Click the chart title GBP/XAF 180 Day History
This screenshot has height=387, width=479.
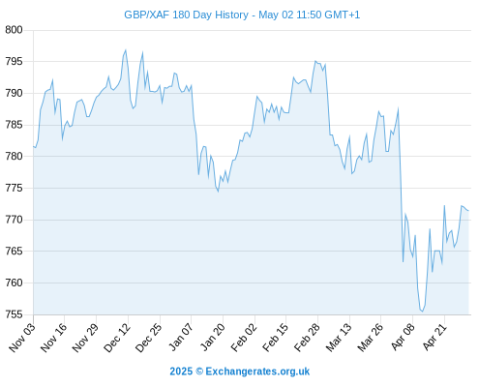click(186, 15)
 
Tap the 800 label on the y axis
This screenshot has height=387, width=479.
click(14, 30)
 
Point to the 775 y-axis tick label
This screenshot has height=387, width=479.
click(14, 188)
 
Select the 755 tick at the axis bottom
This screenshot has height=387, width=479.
click(14, 314)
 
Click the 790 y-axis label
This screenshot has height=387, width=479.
click(14, 93)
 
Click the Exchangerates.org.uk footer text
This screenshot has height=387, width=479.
click(257, 372)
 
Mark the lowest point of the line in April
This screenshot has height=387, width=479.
click(422, 312)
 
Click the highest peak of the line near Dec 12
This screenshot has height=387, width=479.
click(126, 50)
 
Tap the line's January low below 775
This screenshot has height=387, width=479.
click(218, 192)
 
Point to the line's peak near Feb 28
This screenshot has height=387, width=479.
click(315, 61)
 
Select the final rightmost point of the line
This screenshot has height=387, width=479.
click(468, 211)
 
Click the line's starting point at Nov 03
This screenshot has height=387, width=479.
click(33, 146)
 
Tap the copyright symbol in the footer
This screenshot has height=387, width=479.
click(199, 372)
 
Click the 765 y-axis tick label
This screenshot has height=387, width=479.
click(14, 252)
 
